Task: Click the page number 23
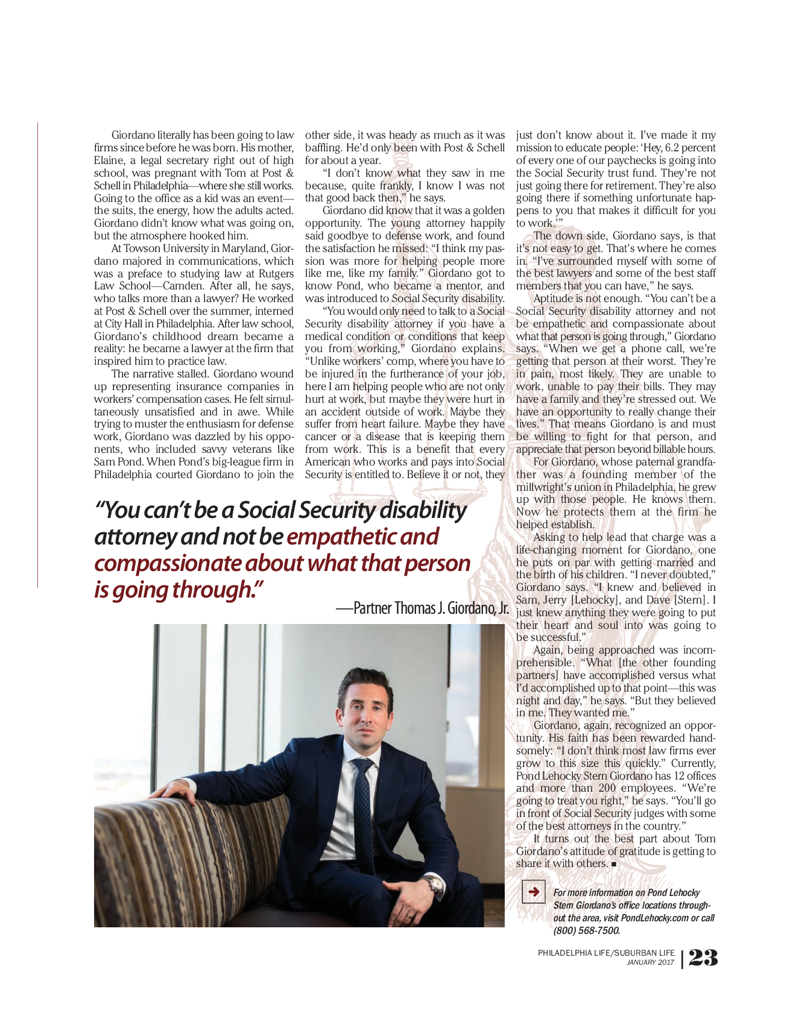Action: (703, 957)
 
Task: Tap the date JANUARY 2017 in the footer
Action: (651, 962)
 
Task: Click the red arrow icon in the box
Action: (533, 891)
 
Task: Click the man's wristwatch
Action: (432, 885)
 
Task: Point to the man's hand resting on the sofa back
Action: (175, 789)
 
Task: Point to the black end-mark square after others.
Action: (614, 864)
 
